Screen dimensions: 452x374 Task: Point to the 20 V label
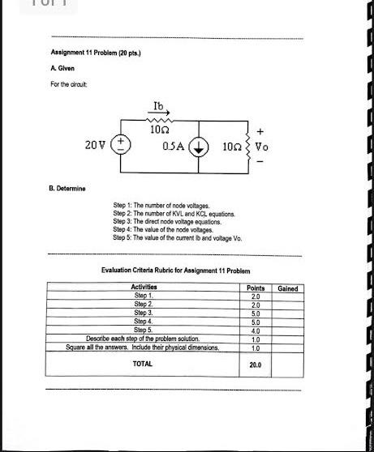coord(95,146)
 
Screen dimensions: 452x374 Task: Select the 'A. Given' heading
coord(63,69)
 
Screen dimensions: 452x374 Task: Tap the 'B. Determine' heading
coord(69,188)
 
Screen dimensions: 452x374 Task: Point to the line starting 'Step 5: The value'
coord(177,238)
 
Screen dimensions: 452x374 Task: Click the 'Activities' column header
coord(144,288)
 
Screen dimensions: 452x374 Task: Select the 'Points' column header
coord(256,288)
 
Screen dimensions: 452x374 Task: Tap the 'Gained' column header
coord(287,288)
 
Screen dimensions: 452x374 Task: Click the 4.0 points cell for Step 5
coord(256,330)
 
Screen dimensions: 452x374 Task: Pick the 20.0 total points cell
coord(256,365)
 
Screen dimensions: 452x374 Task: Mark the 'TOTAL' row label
coord(143,365)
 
